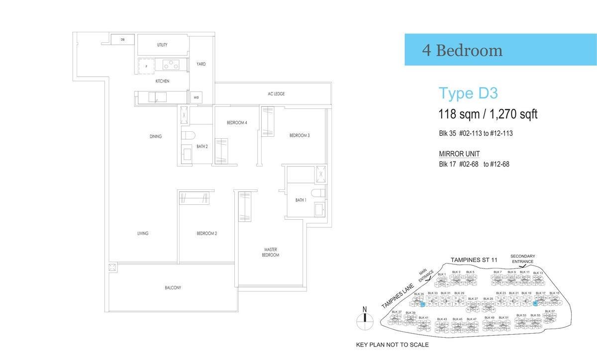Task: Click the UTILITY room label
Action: [x=162, y=45]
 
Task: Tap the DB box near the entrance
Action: [x=122, y=39]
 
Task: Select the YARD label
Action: [x=201, y=64]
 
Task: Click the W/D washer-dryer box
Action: [x=196, y=97]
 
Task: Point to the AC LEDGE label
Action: [x=276, y=93]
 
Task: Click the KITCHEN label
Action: [x=162, y=81]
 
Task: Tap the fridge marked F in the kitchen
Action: [x=146, y=66]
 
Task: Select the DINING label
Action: [x=155, y=136]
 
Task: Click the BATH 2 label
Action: [x=202, y=146]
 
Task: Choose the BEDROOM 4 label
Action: [x=237, y=122]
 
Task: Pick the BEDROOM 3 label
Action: [x=299, y=135]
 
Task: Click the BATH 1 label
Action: [x=300, y=200]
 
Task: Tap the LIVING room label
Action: [x=143, y=233]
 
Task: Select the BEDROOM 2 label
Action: [x=206, y=233]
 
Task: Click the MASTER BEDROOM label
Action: [x=271, y=252]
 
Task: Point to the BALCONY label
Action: [x=173, y=288]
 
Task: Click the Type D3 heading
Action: [x=468, y=93]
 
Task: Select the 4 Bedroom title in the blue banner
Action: [x=462, y=50]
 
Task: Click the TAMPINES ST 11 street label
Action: [x=474, y=260]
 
